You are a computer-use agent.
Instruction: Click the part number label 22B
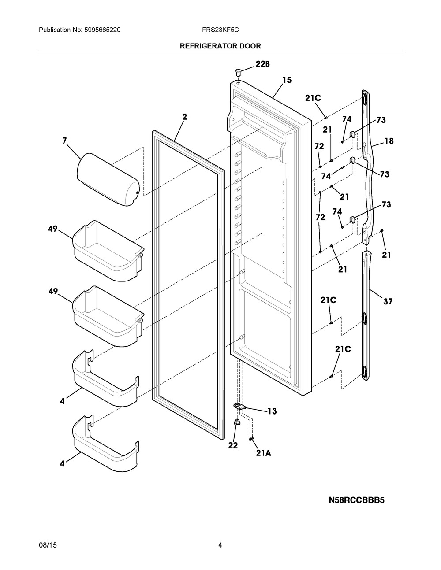262,64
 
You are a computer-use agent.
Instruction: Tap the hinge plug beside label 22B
238,71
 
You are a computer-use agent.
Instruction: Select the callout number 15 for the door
287,80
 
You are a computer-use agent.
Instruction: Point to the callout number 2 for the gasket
184,117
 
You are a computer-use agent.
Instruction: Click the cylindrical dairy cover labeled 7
108,179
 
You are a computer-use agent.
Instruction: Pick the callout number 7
64,141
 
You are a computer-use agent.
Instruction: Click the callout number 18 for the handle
389,141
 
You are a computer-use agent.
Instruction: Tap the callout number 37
388,302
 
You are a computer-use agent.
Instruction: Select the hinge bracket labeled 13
239,406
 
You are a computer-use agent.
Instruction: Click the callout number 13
272,411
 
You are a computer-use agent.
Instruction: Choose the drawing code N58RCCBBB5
356,500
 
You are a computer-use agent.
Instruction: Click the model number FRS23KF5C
220,30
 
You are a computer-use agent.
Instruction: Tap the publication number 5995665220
102,30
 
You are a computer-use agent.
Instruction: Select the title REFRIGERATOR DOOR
220,46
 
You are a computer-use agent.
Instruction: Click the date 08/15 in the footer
48,545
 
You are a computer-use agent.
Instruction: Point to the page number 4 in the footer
220,545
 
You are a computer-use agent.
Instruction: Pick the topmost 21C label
313,98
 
